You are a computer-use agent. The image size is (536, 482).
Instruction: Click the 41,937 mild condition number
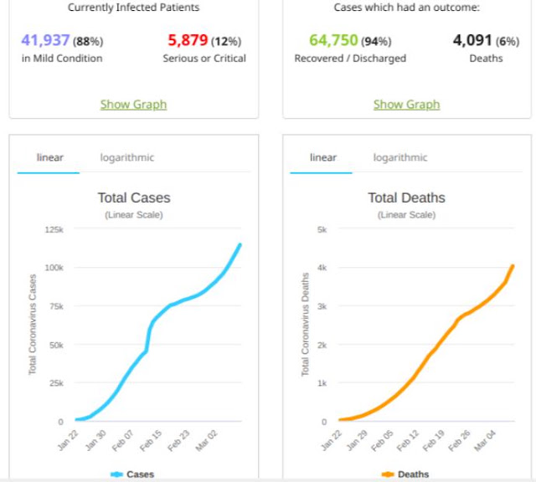(45, 40)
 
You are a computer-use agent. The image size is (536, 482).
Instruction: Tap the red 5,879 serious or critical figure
(188, 40)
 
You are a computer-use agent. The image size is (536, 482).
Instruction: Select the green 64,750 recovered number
(333, 40)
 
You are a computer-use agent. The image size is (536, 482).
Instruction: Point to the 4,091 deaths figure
(472, 40)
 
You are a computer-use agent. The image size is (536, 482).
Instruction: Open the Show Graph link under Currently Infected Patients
(133, 105)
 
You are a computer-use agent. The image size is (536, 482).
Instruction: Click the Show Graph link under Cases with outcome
(406, 105)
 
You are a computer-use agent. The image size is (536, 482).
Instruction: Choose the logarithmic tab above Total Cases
(126, 157)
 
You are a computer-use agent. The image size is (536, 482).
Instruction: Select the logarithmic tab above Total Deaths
(400, 157)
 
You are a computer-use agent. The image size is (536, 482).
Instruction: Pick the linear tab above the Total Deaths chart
(323, 157)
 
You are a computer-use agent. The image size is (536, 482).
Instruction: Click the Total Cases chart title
(134, 197)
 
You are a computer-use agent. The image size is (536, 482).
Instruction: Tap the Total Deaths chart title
(406, 197)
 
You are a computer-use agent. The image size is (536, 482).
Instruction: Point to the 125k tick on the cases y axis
(54, 229)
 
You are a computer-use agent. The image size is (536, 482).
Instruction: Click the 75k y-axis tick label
(56, 306)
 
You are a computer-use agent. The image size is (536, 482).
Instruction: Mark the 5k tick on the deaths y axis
(322, 229)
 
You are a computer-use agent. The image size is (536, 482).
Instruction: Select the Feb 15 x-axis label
(151, 441)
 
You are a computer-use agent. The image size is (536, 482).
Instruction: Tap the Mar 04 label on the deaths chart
(485, 441)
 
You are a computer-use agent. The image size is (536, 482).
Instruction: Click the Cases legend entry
(132, 474)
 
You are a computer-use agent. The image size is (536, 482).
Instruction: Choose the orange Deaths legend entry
(405, 474)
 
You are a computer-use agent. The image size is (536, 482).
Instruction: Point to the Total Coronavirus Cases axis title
(33, 325)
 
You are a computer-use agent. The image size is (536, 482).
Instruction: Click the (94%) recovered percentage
(376, 42)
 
